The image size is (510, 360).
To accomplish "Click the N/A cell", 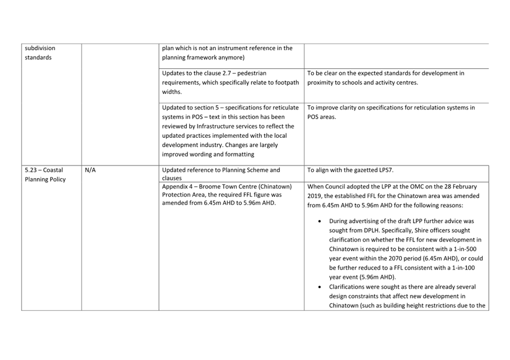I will tap(90, 170).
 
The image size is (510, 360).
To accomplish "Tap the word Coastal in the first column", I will tap(53, 170).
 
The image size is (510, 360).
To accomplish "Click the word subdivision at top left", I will tap(40, 48).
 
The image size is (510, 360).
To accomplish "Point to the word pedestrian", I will tap(267, 73).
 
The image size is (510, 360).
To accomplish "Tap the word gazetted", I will tap(367, 170).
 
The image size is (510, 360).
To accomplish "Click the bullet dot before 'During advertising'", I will tap(320, 221).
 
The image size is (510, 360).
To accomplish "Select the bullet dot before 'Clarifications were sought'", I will tap(320, 287).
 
